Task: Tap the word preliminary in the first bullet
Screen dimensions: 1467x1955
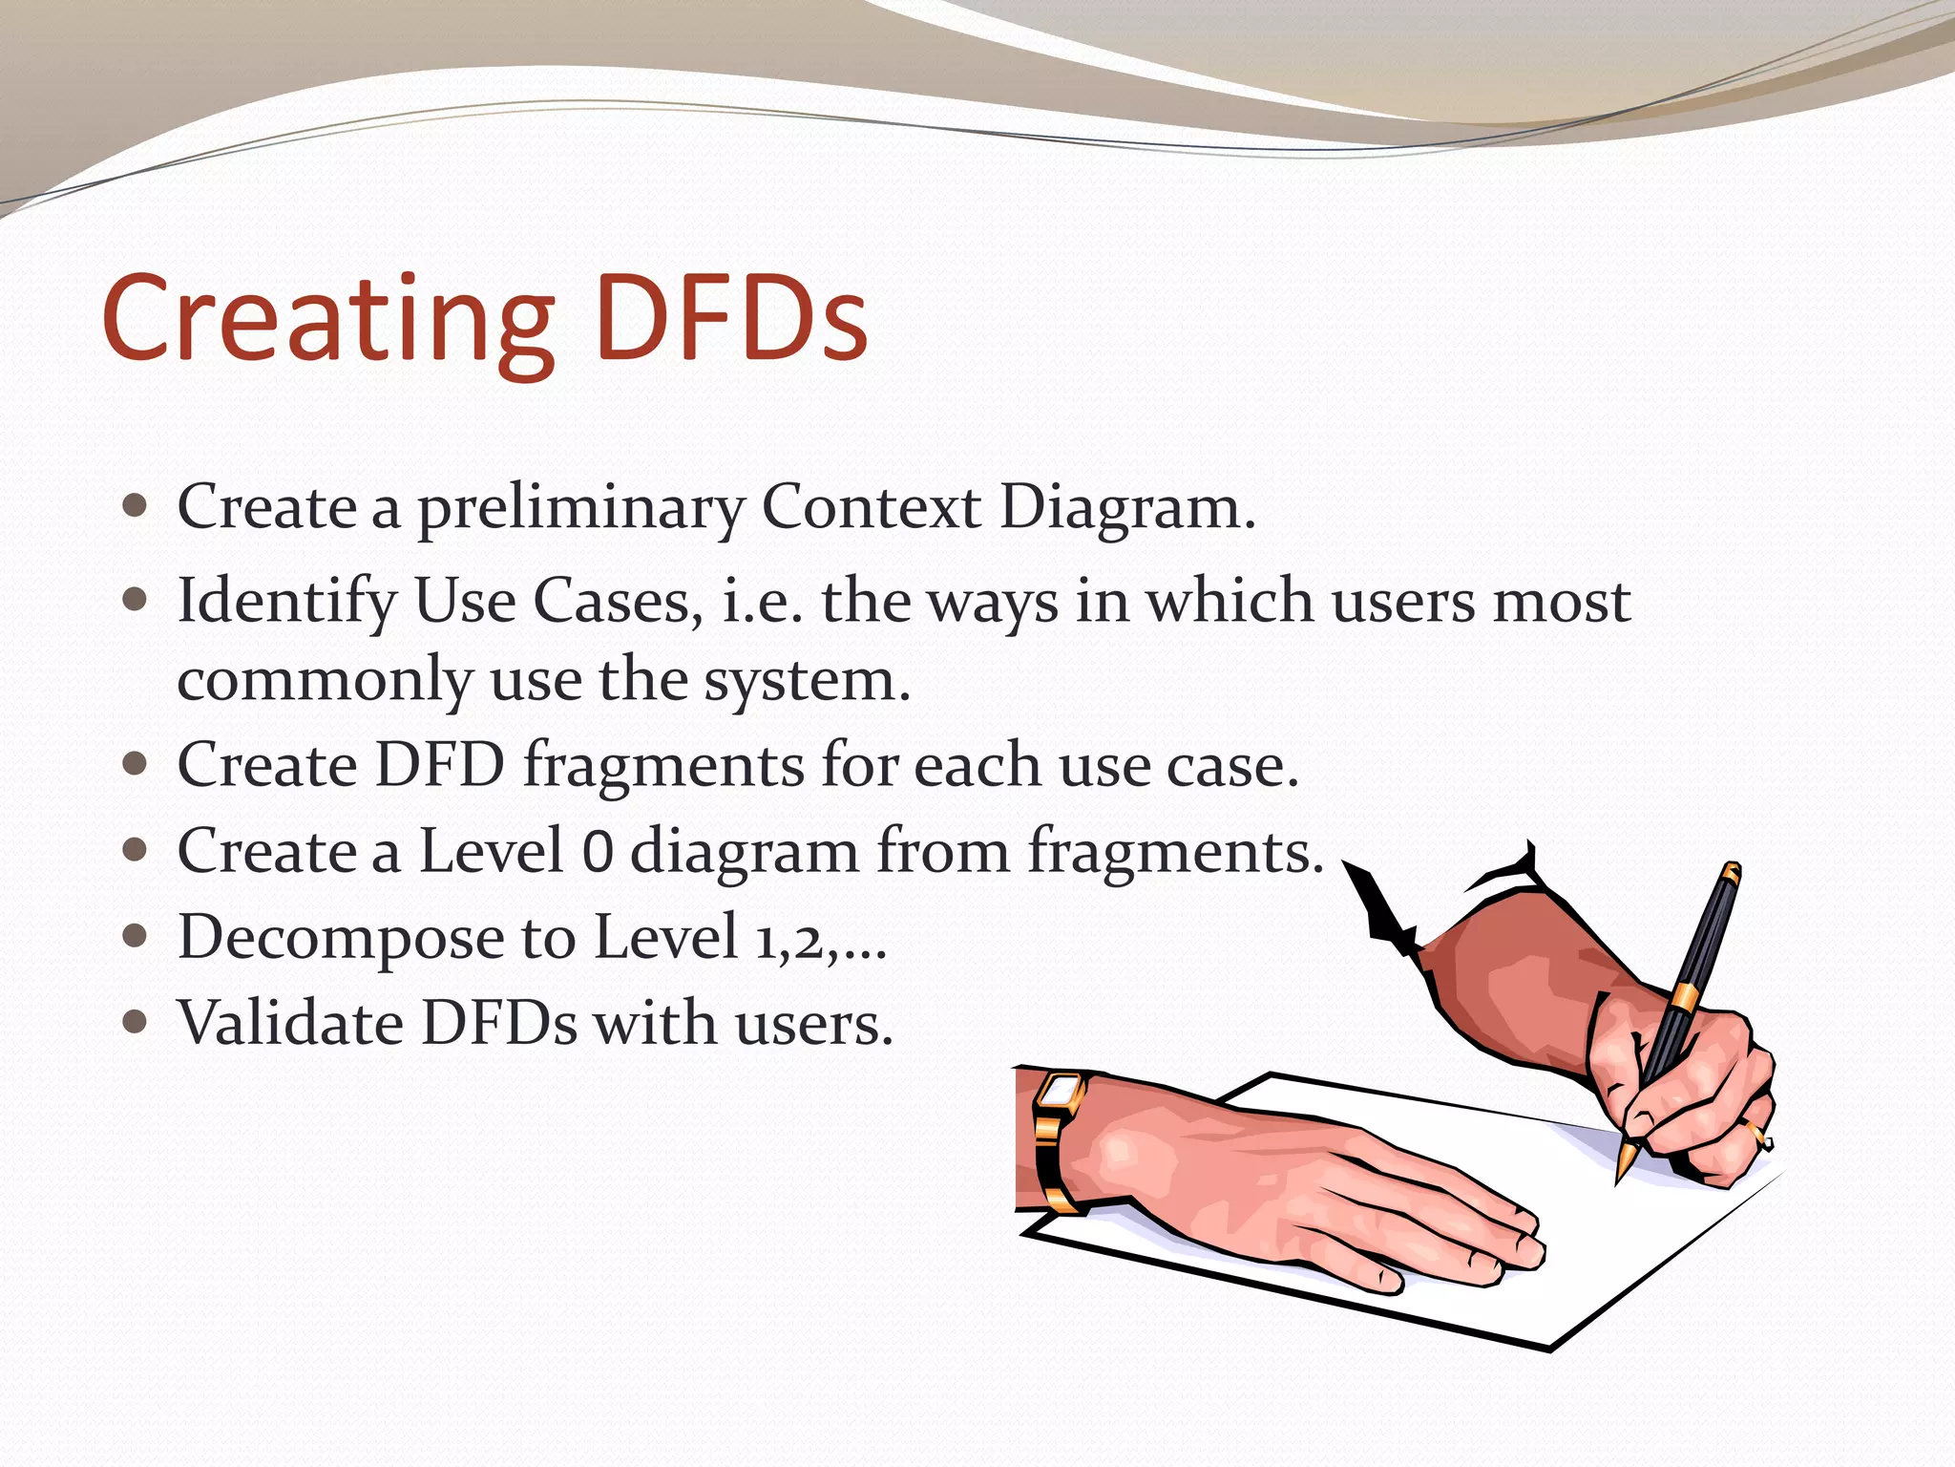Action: tap(580, 507)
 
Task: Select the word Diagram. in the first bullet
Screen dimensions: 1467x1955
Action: tap(1127, 507)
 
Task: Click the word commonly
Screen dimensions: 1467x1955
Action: tap(325, 680)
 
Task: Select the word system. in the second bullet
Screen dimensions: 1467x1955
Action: tap(808, 680)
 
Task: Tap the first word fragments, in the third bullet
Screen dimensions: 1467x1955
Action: tap(664, 766)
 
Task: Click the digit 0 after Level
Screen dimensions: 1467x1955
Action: tap(597, 851)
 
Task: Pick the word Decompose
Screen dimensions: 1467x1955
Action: tap(340, 938)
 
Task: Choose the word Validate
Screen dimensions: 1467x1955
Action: tap(290, 1023)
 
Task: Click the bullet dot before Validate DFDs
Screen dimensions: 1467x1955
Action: tap(136, 1023)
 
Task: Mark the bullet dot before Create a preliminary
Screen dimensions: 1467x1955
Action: tap(136, 505)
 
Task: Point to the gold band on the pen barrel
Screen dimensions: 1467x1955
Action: tap(1685, 997)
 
